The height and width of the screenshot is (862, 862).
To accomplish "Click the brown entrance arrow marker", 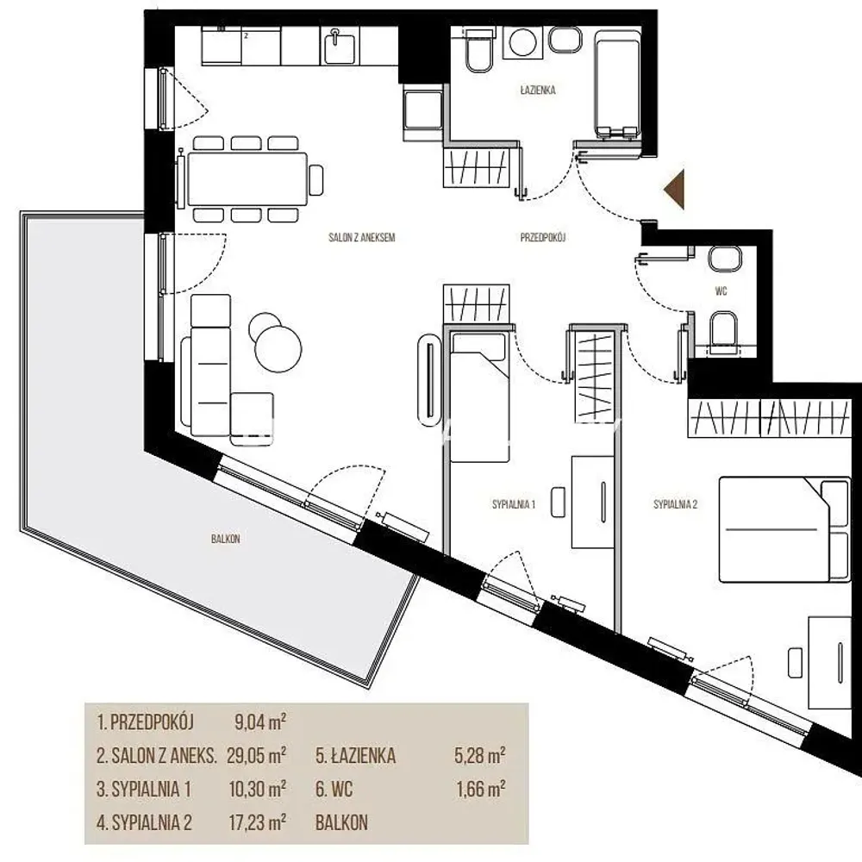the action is [676, 190].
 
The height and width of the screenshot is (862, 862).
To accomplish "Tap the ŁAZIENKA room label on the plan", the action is [538, 90].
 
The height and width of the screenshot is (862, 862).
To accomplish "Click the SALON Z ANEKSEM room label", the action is [362, 238].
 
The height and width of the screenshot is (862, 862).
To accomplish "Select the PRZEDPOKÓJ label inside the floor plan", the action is [543, 238].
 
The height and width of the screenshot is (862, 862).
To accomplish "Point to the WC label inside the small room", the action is [721, 290].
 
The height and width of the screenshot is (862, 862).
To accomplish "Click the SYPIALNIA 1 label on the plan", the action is [514, 504].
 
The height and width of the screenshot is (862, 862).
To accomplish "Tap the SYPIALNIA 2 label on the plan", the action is [675, 504].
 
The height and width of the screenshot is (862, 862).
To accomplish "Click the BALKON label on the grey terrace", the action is [225, 539].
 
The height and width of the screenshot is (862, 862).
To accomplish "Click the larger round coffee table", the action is [278, 349].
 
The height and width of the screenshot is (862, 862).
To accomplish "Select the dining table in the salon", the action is [247, 179].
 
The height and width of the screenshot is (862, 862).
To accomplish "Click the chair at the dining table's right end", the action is [316, 180].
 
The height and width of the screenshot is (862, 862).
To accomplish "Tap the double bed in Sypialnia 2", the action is [784, 529].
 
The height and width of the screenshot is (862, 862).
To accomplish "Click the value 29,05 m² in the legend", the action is [257, 755].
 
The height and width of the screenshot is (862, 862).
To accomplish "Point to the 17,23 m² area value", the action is [257, 822].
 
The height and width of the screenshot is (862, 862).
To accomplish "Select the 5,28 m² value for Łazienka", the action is [480, 755].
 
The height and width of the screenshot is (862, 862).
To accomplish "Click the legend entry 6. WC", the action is [334, 790].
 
